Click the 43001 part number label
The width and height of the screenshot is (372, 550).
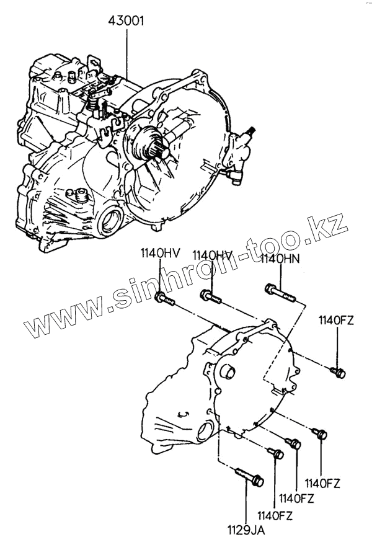[127, 20]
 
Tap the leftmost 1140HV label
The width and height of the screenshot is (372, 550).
[159, 254]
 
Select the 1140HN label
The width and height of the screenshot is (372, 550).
[280, 259]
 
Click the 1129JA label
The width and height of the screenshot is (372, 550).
[247, 531]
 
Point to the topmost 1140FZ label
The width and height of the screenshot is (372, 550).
[337, 320]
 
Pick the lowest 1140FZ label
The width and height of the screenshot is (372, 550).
[275, 515]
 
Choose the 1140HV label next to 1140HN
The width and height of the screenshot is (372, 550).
[212, 255]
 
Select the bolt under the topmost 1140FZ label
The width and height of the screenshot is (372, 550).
[339, 373]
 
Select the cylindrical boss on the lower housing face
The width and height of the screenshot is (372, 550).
[227, 373]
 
